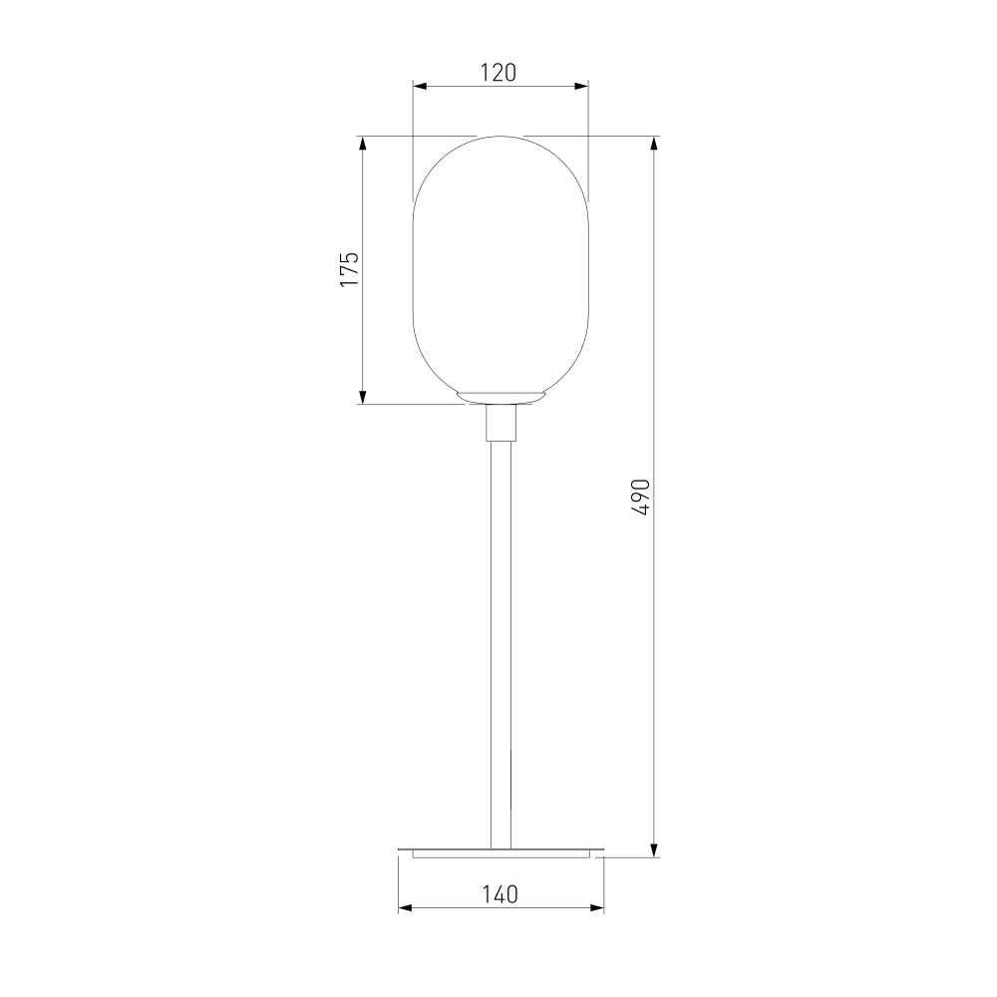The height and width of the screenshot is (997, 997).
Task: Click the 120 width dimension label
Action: pyautogui.click(x=498, y=73)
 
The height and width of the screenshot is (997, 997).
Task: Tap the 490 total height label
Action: pyautogui.click(x=641, y=498)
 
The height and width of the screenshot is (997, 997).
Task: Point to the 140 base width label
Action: pyautogui.click(x=499, y=894)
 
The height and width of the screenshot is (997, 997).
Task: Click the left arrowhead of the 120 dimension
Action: pyautogui.click(x=421, y=86)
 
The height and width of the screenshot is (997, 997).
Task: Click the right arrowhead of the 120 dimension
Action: pyautogui.click(x=581, y=86)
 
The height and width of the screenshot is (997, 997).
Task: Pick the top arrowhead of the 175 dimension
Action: pyautogui.click(x=363, y=144)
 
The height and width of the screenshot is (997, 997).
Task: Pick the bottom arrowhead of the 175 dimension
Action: pyautogui.click(x=363, y=397)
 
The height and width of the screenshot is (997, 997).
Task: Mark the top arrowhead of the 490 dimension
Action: pyautogui.click(x=654, y=144)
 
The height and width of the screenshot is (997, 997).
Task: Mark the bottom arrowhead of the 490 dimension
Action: pyautogui.click(x=654, y=849)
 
